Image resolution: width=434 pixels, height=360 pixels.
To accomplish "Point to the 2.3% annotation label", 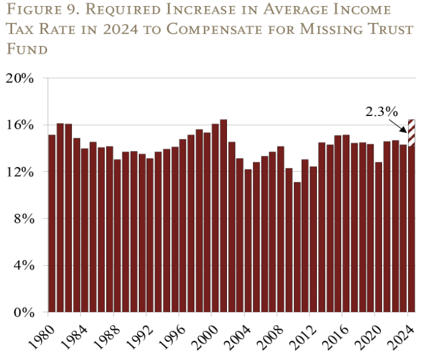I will [381, 112].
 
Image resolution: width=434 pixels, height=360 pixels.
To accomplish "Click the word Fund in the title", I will [28, 49].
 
